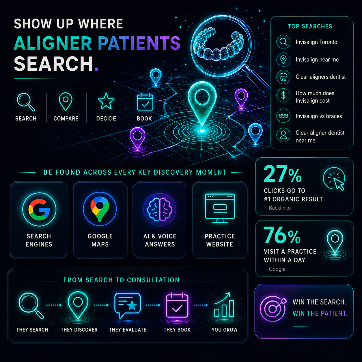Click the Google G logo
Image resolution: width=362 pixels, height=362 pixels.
pos(39,210)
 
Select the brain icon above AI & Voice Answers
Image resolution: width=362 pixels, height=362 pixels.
pos(160,209)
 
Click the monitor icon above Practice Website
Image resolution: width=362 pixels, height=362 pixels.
pos(220,208)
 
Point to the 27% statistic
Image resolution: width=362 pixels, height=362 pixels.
pos(282,174)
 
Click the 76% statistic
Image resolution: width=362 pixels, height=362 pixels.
pos(282,235)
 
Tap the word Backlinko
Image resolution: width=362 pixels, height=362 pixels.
pos(280,208)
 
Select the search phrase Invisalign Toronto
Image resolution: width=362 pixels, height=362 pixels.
pos(316,42)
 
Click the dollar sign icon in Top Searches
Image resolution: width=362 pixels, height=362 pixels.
pos(283,96)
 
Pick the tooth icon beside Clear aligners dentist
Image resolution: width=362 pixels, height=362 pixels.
pos(283,77)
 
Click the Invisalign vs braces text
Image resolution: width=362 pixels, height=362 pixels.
pos(319,116)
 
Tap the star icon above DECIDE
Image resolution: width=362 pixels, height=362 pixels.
pos(106,101)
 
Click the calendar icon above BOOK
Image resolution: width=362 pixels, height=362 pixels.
pos(145,102)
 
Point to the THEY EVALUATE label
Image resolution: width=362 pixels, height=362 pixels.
pos(128,330)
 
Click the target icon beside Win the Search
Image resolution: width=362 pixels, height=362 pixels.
pos(273,309)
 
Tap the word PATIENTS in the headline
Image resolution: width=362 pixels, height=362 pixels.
pos(139,43)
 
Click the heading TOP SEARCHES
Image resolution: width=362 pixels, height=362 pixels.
pos(310,26)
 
